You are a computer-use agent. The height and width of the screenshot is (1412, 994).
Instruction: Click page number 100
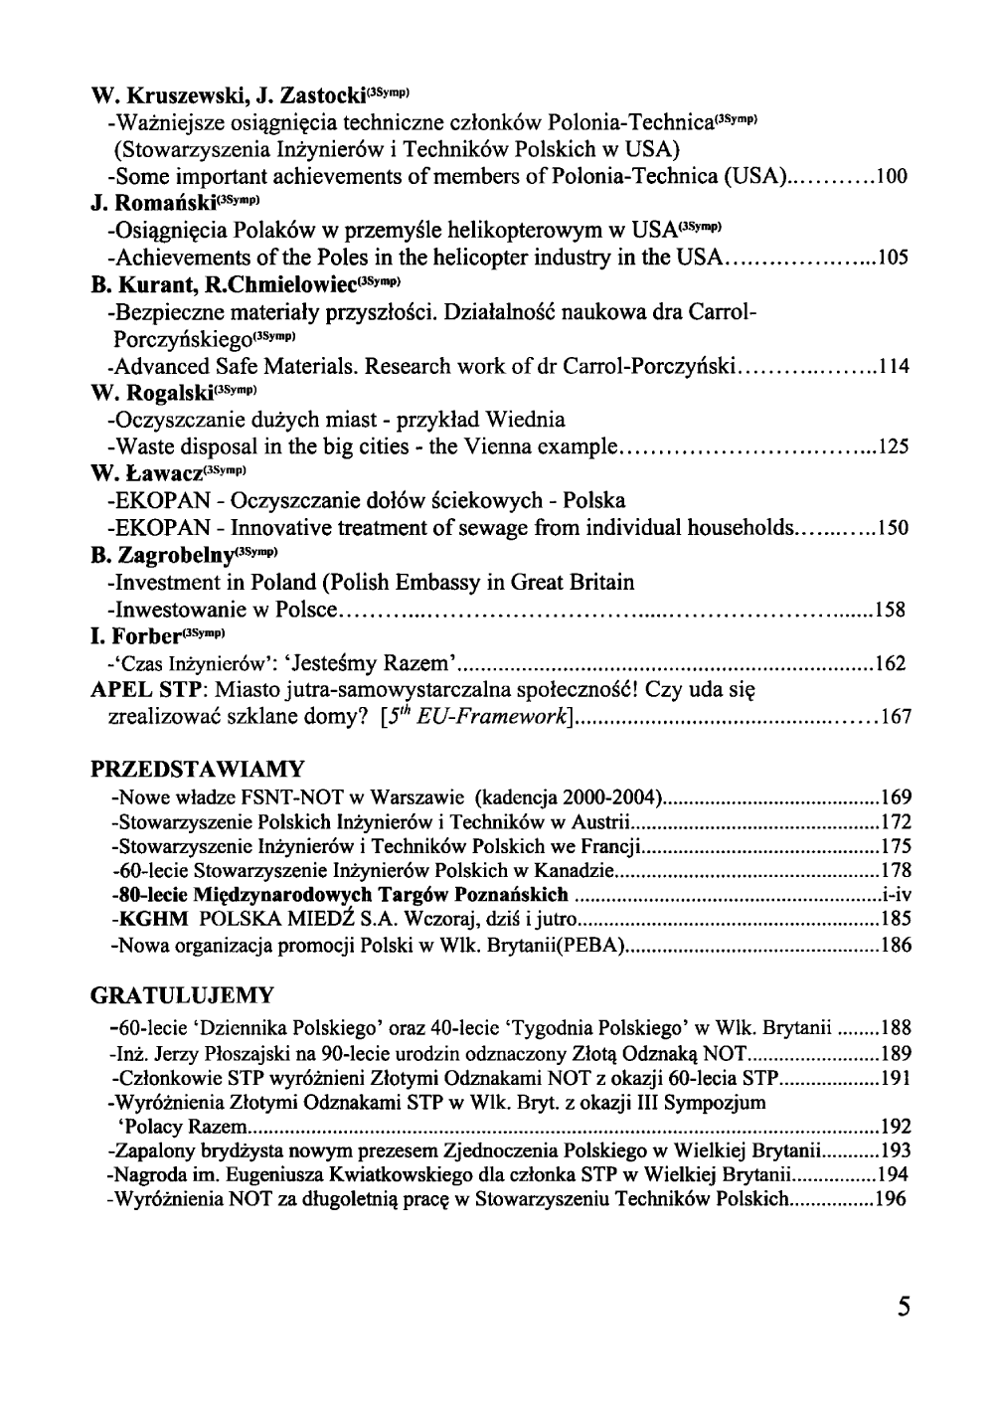(x=893, y=178)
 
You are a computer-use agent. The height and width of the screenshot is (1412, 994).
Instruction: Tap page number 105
(x=893, y=259)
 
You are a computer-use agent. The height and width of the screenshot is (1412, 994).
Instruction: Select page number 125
(x=893, y=446)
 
